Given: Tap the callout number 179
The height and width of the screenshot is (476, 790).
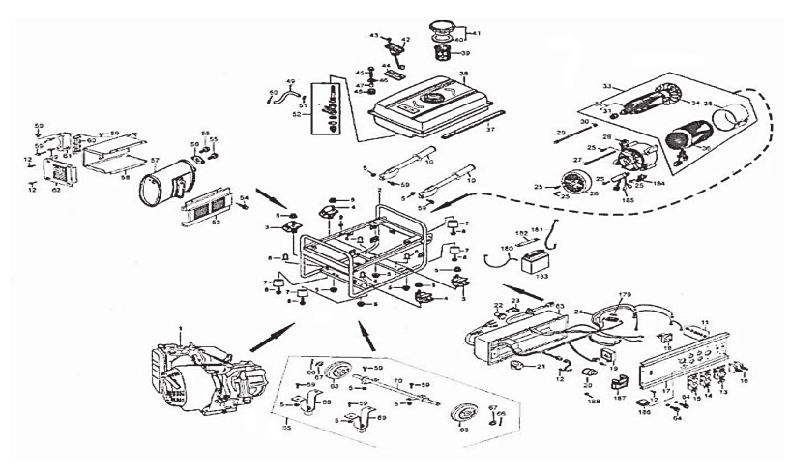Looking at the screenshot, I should pyautogui.click(x=625, y=294).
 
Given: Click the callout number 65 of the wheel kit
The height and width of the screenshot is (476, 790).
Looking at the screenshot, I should pyautogui.click(x=285, y=426).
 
